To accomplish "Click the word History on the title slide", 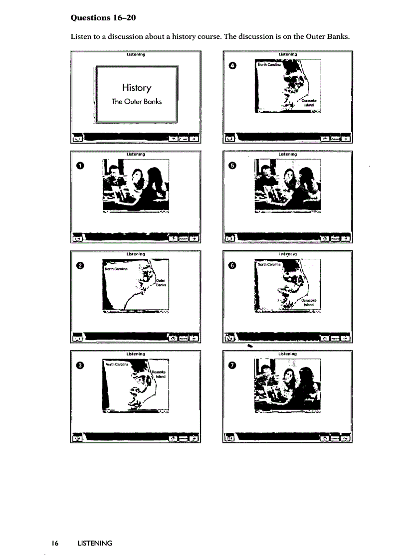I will (136, 88).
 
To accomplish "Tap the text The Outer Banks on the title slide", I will (136, 101).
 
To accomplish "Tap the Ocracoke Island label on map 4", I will (309, 102).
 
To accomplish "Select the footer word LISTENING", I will (95, 543).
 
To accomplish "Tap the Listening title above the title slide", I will (136, 54).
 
